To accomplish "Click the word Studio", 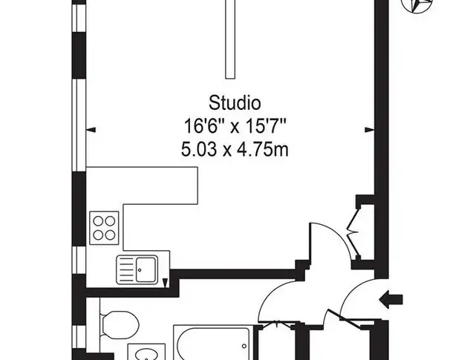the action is click(x=235, y=103).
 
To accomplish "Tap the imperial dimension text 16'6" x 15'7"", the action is click(x=235, y=126).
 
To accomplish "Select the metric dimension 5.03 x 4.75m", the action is click(x=235, y=149).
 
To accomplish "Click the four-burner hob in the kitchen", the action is click(x=104, y=228).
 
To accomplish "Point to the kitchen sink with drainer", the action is click(x=137, y=269).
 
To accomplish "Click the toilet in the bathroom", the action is click(x=119, y=325).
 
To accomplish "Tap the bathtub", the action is click(x=214, y=342).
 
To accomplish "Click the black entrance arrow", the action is click(x=391, y=300).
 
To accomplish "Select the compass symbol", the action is click(x=417, y=4).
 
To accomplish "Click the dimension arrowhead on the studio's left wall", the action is click(x=91, y=130).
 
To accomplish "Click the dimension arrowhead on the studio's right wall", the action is click(x=370, y=130).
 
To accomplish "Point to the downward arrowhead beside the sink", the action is click(x=165, y=283).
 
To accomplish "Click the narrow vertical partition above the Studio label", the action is click(x=230, y=39).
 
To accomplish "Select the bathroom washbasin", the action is click(x=146, y=352).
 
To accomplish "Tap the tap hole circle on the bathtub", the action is click(x=244, y=346).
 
